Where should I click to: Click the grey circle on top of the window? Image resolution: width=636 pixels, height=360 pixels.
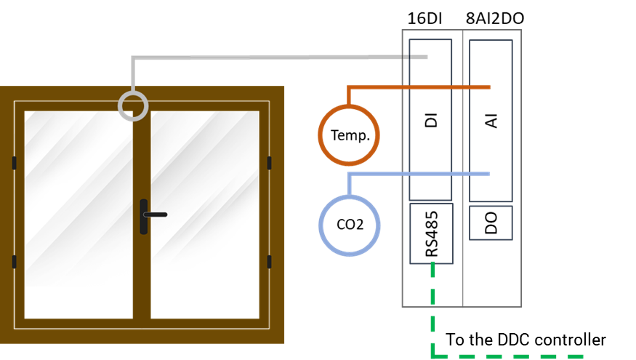pos(133,105)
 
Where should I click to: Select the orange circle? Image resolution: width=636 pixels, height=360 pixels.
pos(349,135)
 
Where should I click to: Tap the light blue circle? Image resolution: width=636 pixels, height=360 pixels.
pos(350,225)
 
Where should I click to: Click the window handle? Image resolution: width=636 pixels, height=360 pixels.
pos(144,216)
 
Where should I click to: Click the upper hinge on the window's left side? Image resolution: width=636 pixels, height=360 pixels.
pos(14,163)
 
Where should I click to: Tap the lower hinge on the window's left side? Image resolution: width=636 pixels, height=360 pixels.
pos(14,262)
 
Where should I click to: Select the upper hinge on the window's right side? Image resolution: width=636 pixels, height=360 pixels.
pos(269,163)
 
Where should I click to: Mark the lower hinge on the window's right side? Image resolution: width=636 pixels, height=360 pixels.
pos(269,262)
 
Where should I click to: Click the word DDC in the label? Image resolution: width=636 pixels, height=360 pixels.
pos(514,340)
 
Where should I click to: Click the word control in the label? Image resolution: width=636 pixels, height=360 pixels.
pos(560,340)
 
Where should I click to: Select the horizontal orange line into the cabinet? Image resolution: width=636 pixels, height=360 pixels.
pos(422,87)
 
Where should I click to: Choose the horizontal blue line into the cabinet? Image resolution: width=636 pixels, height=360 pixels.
pos(422,174)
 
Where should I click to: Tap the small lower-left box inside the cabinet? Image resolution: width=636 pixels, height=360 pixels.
pos(431,233)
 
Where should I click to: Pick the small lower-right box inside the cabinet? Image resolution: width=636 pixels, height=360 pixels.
pos(491,223)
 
